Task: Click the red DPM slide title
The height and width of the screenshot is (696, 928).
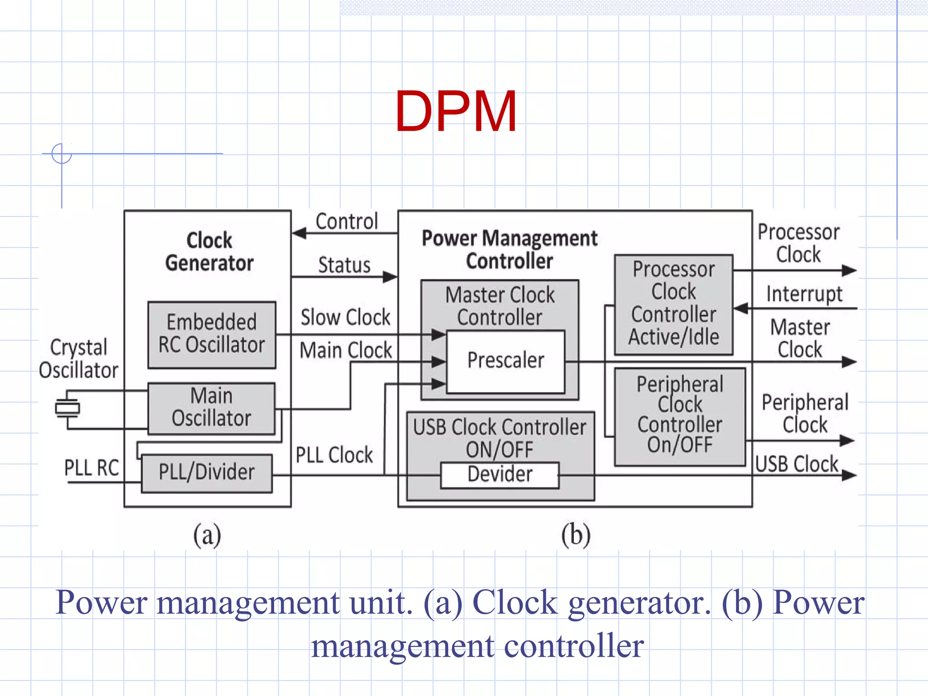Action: point(456,111)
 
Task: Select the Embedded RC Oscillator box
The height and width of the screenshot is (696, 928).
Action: point(212,334)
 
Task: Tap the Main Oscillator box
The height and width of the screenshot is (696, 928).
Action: point(212,408)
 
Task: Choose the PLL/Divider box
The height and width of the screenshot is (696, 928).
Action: point(207,473)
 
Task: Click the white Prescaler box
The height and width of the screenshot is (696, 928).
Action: point(506,361)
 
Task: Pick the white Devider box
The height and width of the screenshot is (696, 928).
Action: point(500,475)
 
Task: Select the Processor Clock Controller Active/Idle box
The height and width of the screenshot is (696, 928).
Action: point(674,304)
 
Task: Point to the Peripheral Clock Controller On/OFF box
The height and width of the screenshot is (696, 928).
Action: point(680,416)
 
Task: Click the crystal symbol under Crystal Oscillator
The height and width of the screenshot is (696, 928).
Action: point(67,408)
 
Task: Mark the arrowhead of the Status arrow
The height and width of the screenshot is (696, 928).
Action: point(390,276)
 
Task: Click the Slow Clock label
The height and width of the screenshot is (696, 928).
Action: point(345,317)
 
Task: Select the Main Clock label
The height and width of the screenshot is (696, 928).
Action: point(346,350)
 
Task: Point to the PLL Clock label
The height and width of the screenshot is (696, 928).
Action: point(334,455)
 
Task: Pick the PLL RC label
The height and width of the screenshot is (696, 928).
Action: point(92,468)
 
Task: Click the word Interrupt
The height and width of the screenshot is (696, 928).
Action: point(804,294)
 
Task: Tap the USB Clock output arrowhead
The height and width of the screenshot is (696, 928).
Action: point(849,475)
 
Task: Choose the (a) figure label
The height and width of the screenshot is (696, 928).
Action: point(207,535)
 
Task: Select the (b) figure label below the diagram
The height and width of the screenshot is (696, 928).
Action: point(576,535)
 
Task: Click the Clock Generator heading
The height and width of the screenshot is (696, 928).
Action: point(209,251)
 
